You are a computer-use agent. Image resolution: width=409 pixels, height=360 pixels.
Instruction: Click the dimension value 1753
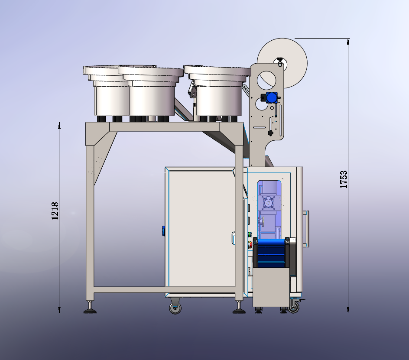pos(344,179)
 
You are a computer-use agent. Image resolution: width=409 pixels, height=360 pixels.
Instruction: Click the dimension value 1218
pos(55,211)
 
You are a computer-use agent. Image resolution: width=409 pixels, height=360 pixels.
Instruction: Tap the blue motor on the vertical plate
pos(271,98)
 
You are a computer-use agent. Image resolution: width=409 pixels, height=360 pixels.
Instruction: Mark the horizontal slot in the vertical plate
pos(259,127)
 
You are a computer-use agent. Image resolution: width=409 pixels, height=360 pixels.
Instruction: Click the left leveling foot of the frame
pos(90,309)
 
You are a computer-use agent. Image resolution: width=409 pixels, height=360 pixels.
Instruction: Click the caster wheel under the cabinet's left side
pos(175,308)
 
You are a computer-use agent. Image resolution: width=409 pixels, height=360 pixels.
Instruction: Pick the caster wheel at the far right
pos(294,308)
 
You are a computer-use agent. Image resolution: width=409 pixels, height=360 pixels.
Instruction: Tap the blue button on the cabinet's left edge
pos(163,230)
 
